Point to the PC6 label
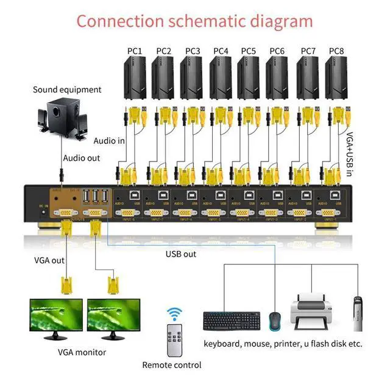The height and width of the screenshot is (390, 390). pyautogui.click(x=278, y=51)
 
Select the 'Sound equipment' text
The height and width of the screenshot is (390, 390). pyautogui.click(x=67, y=90)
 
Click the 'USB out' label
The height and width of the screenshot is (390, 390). pyautogui.click(x=181, y=253)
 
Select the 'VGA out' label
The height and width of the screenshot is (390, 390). pyautogui.click(x=49, y=260)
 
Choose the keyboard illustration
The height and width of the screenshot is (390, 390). pyautogui.click(x=232, y=321)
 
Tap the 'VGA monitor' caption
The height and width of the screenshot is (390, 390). pyautogui.click(x=82, y=352)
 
